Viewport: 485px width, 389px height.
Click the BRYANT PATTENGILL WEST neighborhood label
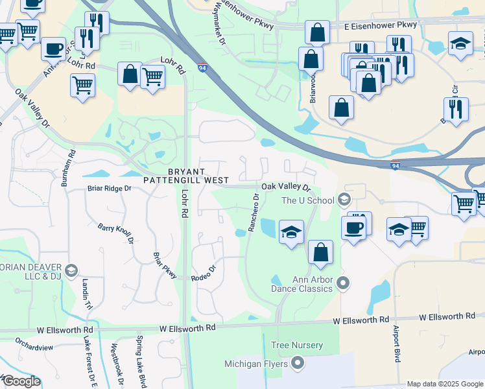point(198,175)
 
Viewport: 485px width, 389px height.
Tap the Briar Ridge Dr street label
point(110,189)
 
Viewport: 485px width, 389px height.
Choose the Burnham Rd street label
point(67,169)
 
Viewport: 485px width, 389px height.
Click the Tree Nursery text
point(297,346)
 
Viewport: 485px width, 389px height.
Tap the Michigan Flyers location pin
point(298,362)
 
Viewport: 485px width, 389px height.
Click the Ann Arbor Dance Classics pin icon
point(344,283)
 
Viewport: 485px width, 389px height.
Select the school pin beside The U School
point(344,199)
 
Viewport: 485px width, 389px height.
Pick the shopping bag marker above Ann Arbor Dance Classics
point(320,253)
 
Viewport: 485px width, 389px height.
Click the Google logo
point(21,381)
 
